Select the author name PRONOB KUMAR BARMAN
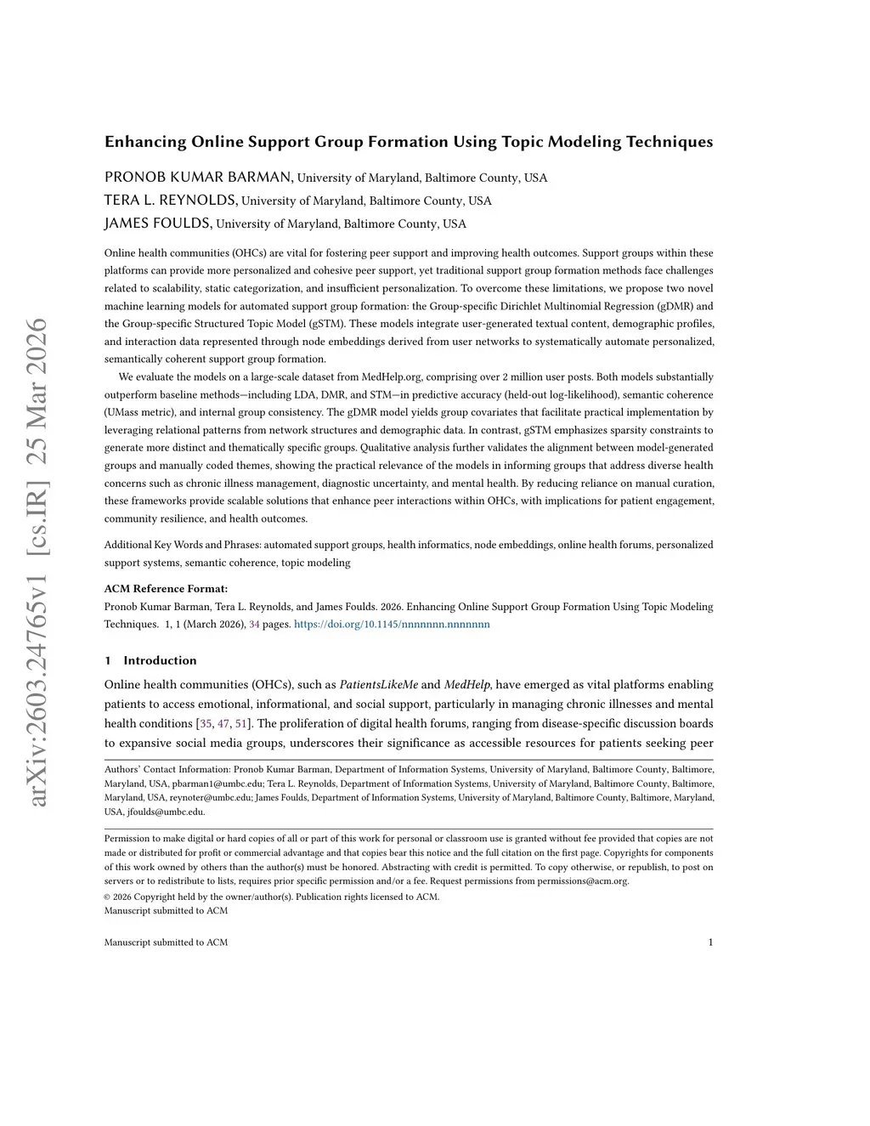pyautogui.click(x=199, y=177)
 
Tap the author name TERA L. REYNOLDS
pyautogui.click(x=170, y=201)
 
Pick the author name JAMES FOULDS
pyautogui.click(x=157, y=224)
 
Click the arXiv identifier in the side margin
pyautogui.click(x=37, y=561)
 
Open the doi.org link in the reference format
pyautogui.click(x=392, y=624)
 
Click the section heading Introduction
pyautogui.click(x=160, y=660)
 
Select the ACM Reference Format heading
pyautogui.click(x=166, y=588)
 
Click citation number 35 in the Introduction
pyautogui.click(x=206, y=723)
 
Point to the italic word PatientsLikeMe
pyautogui.click(x=379, y=684)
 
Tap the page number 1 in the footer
pyautogui.click(x=710, y=942)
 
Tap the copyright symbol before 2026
pyautogui.click(x=107, y=897)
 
